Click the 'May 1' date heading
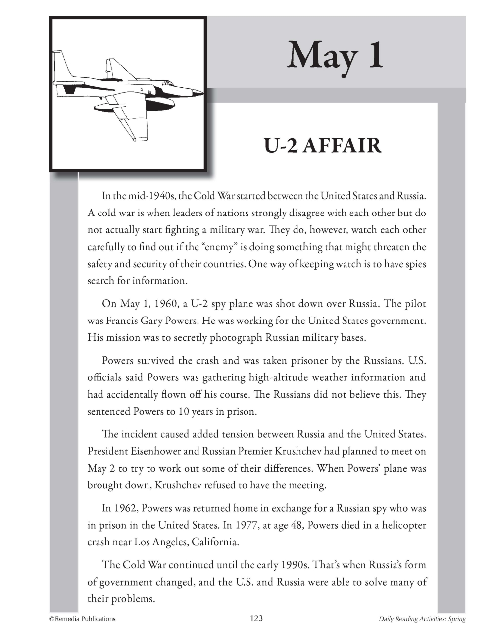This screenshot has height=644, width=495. coord(335,55)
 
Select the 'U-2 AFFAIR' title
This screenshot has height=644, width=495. coord(322,146)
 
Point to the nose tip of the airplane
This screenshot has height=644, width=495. coord(202,92)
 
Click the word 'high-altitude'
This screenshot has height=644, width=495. coord(280,377)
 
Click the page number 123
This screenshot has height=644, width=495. coord(256,618)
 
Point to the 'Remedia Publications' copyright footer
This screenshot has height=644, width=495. coord(82,618)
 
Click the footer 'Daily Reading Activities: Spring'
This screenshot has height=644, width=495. coord(422,619)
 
